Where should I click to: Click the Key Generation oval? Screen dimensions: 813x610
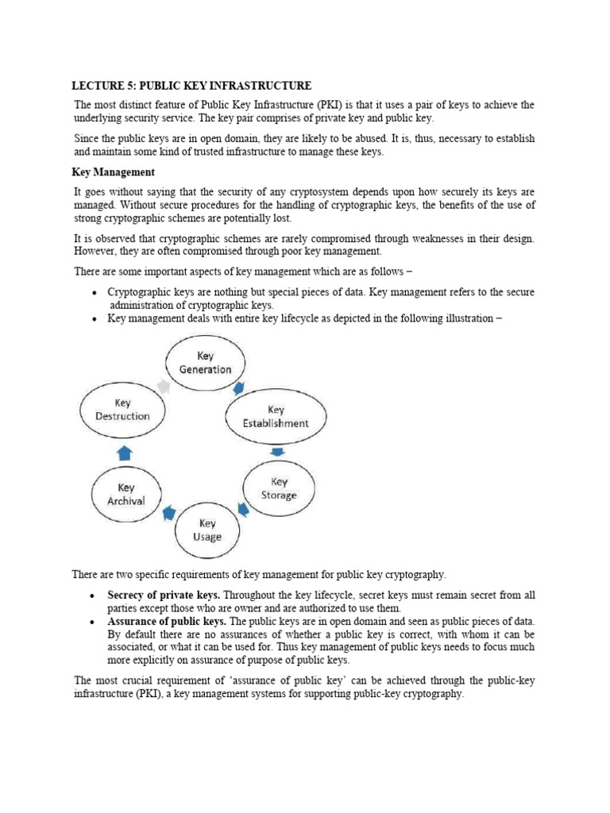point(205,363)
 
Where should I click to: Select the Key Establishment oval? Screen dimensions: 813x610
point(275,417)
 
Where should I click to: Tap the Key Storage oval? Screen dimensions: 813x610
point(279,488)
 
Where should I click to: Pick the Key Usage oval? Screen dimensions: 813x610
point(207,530)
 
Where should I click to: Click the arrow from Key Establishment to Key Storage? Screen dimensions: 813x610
point(277,453)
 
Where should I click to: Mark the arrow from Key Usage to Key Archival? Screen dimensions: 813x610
point(168,514)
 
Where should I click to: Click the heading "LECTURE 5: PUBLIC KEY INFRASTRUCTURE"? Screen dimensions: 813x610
point(192,85)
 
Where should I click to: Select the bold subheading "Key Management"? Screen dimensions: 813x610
point(114,172)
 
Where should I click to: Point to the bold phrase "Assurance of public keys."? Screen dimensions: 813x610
point(167,621)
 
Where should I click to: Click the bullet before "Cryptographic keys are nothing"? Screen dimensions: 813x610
point(95,292)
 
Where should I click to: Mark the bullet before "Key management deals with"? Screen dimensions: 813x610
point(95,318)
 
